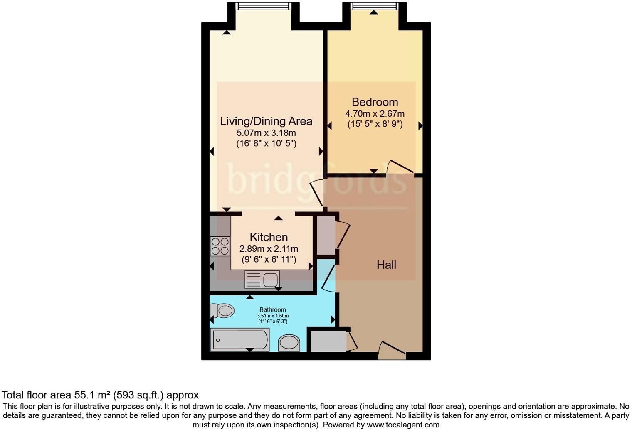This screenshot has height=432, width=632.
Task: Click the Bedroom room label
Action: (375, 102)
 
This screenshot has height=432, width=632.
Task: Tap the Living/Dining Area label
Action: (266, 121)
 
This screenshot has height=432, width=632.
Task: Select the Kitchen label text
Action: (269, 237)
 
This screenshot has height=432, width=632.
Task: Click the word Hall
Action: (386, 265)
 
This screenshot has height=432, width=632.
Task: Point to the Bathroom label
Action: (273, 309)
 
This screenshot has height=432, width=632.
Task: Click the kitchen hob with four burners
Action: (220, 246)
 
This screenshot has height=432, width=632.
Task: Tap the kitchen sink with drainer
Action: (262, 280)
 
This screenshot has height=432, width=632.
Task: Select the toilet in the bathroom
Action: (222, 310)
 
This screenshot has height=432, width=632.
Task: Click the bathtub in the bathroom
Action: (239, 339)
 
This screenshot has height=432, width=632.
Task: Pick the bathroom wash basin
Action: (289, 343)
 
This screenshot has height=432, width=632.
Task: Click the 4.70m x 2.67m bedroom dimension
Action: (375, 114)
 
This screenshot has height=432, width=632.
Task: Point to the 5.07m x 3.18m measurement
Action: (266, 133)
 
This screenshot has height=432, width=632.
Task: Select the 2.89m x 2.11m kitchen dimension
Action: (269, 249)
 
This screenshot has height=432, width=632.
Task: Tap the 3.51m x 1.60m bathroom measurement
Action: (273, 316)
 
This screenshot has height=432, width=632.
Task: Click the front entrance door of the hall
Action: (392, 351)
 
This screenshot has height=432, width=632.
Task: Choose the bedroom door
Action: (400, 167)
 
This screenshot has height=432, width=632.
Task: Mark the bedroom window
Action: (374, 6)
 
